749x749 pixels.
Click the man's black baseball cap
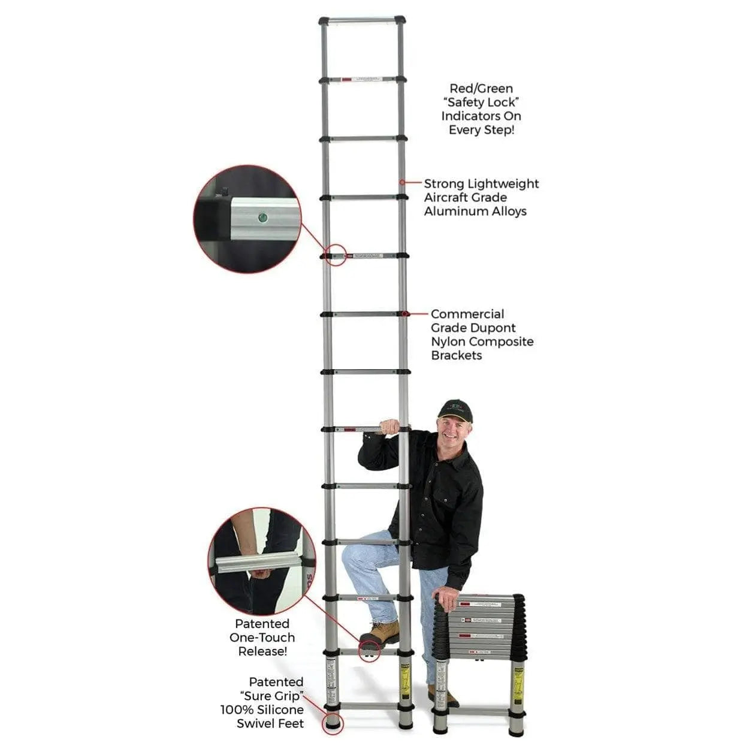tap(455, 410)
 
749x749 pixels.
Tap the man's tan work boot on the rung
tap(380, 633)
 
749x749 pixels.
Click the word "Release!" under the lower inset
tap(262, 651)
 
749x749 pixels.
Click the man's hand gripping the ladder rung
tap(389, 427)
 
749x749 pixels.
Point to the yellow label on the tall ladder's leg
tap(405, 682)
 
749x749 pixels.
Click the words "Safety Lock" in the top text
tap(481, 102)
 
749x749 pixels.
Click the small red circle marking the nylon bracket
tap(406, 313)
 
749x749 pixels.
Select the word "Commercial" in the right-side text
tap(467, 314)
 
